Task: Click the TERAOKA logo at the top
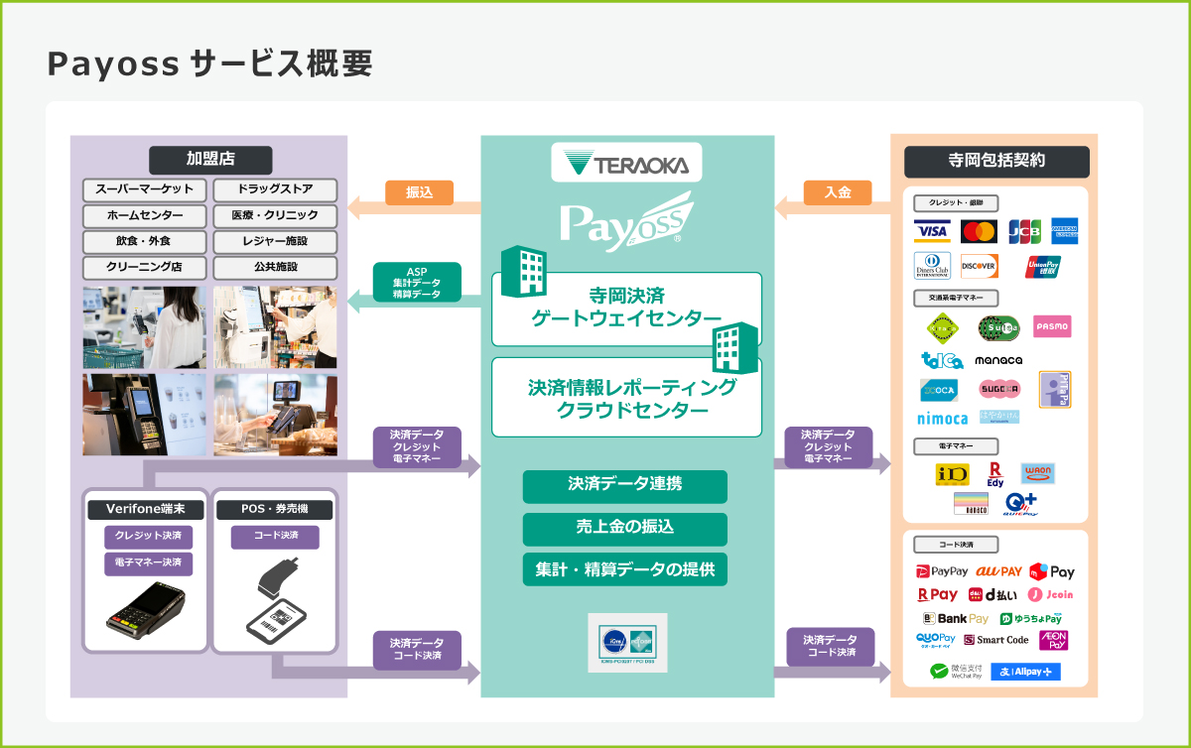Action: [626, 163]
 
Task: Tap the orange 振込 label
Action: [419, 193]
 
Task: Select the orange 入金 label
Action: [837, 193]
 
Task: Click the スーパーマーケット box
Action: [145, 189]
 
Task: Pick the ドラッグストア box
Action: [275, 189]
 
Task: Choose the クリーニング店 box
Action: [145, 267]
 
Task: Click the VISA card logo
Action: [932, 231]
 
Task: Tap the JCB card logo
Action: [1024, 231]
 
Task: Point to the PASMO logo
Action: [1051, 326]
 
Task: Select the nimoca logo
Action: [942, 419]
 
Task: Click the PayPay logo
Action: [942, 571]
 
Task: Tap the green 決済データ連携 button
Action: [625, 486]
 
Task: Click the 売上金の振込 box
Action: [625, 528]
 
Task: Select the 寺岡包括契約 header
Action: [996, 161]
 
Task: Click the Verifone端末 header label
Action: [146, 510]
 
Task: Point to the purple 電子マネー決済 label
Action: [148, 563]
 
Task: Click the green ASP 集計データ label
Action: [417, 283]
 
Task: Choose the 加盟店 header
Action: [209, 159]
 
